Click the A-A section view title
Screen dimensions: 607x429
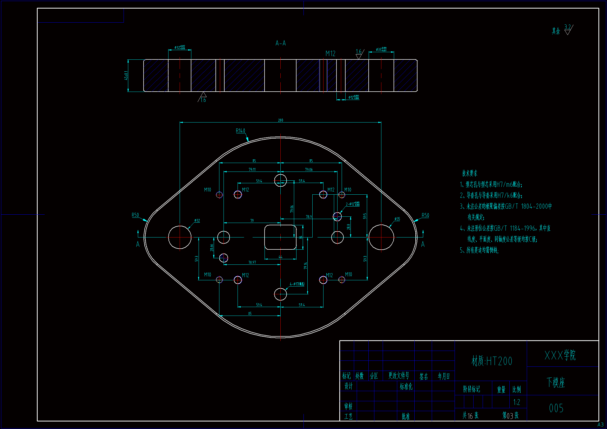pos(280,43)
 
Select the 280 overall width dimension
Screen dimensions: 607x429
pos(280,120)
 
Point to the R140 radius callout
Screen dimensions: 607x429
pos(240,131)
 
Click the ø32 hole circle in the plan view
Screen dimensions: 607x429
pos(180,237)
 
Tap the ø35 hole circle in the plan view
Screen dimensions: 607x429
pos(381,237)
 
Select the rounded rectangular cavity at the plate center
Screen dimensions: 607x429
pos(280,237)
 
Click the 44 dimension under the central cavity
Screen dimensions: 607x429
pos(280,257)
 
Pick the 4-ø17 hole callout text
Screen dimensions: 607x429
pos(297,284)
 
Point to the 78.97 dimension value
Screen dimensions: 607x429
pos(252,262)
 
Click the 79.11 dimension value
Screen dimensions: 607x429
pos(252,170)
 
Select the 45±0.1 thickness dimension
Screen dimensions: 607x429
pos(126,75)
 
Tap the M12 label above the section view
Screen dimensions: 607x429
pos(331,54)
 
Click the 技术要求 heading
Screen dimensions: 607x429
pos(469,173)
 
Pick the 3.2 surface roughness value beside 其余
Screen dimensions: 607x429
pos(567,27)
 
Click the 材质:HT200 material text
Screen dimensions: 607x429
pos(492,361)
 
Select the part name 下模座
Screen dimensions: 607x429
pos(556,383)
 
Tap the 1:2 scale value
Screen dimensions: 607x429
pos(517,402)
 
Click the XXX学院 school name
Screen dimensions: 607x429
pos(560,356)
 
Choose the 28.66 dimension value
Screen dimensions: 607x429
pos(212,248)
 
